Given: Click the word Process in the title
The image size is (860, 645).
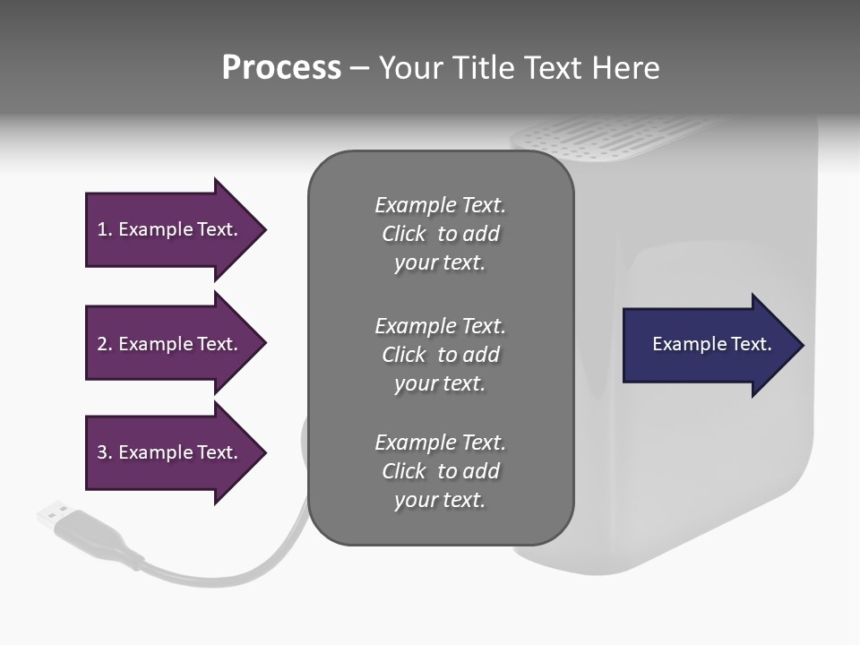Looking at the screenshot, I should tap(281, 68).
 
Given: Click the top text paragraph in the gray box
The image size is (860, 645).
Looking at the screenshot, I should tap(440, 234).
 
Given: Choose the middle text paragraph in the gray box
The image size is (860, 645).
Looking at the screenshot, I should tap(440, 355).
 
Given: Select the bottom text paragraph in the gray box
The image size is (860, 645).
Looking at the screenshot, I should tap(440, 471).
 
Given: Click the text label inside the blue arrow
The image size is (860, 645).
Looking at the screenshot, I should tap(712, 344).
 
